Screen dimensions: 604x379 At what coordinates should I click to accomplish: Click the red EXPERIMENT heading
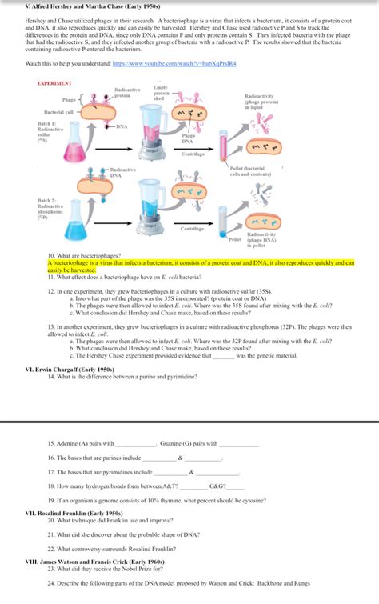[55, 83]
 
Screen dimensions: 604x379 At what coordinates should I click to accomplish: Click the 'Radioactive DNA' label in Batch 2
[123, 173]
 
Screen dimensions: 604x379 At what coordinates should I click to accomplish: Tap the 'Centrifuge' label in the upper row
[193, 154]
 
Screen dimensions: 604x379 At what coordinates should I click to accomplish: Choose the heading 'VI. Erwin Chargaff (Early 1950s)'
[74, 369]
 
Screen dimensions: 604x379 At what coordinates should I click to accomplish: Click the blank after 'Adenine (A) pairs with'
[135, 444]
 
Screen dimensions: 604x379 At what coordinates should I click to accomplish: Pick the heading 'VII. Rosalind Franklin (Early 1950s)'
[74, 512]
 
